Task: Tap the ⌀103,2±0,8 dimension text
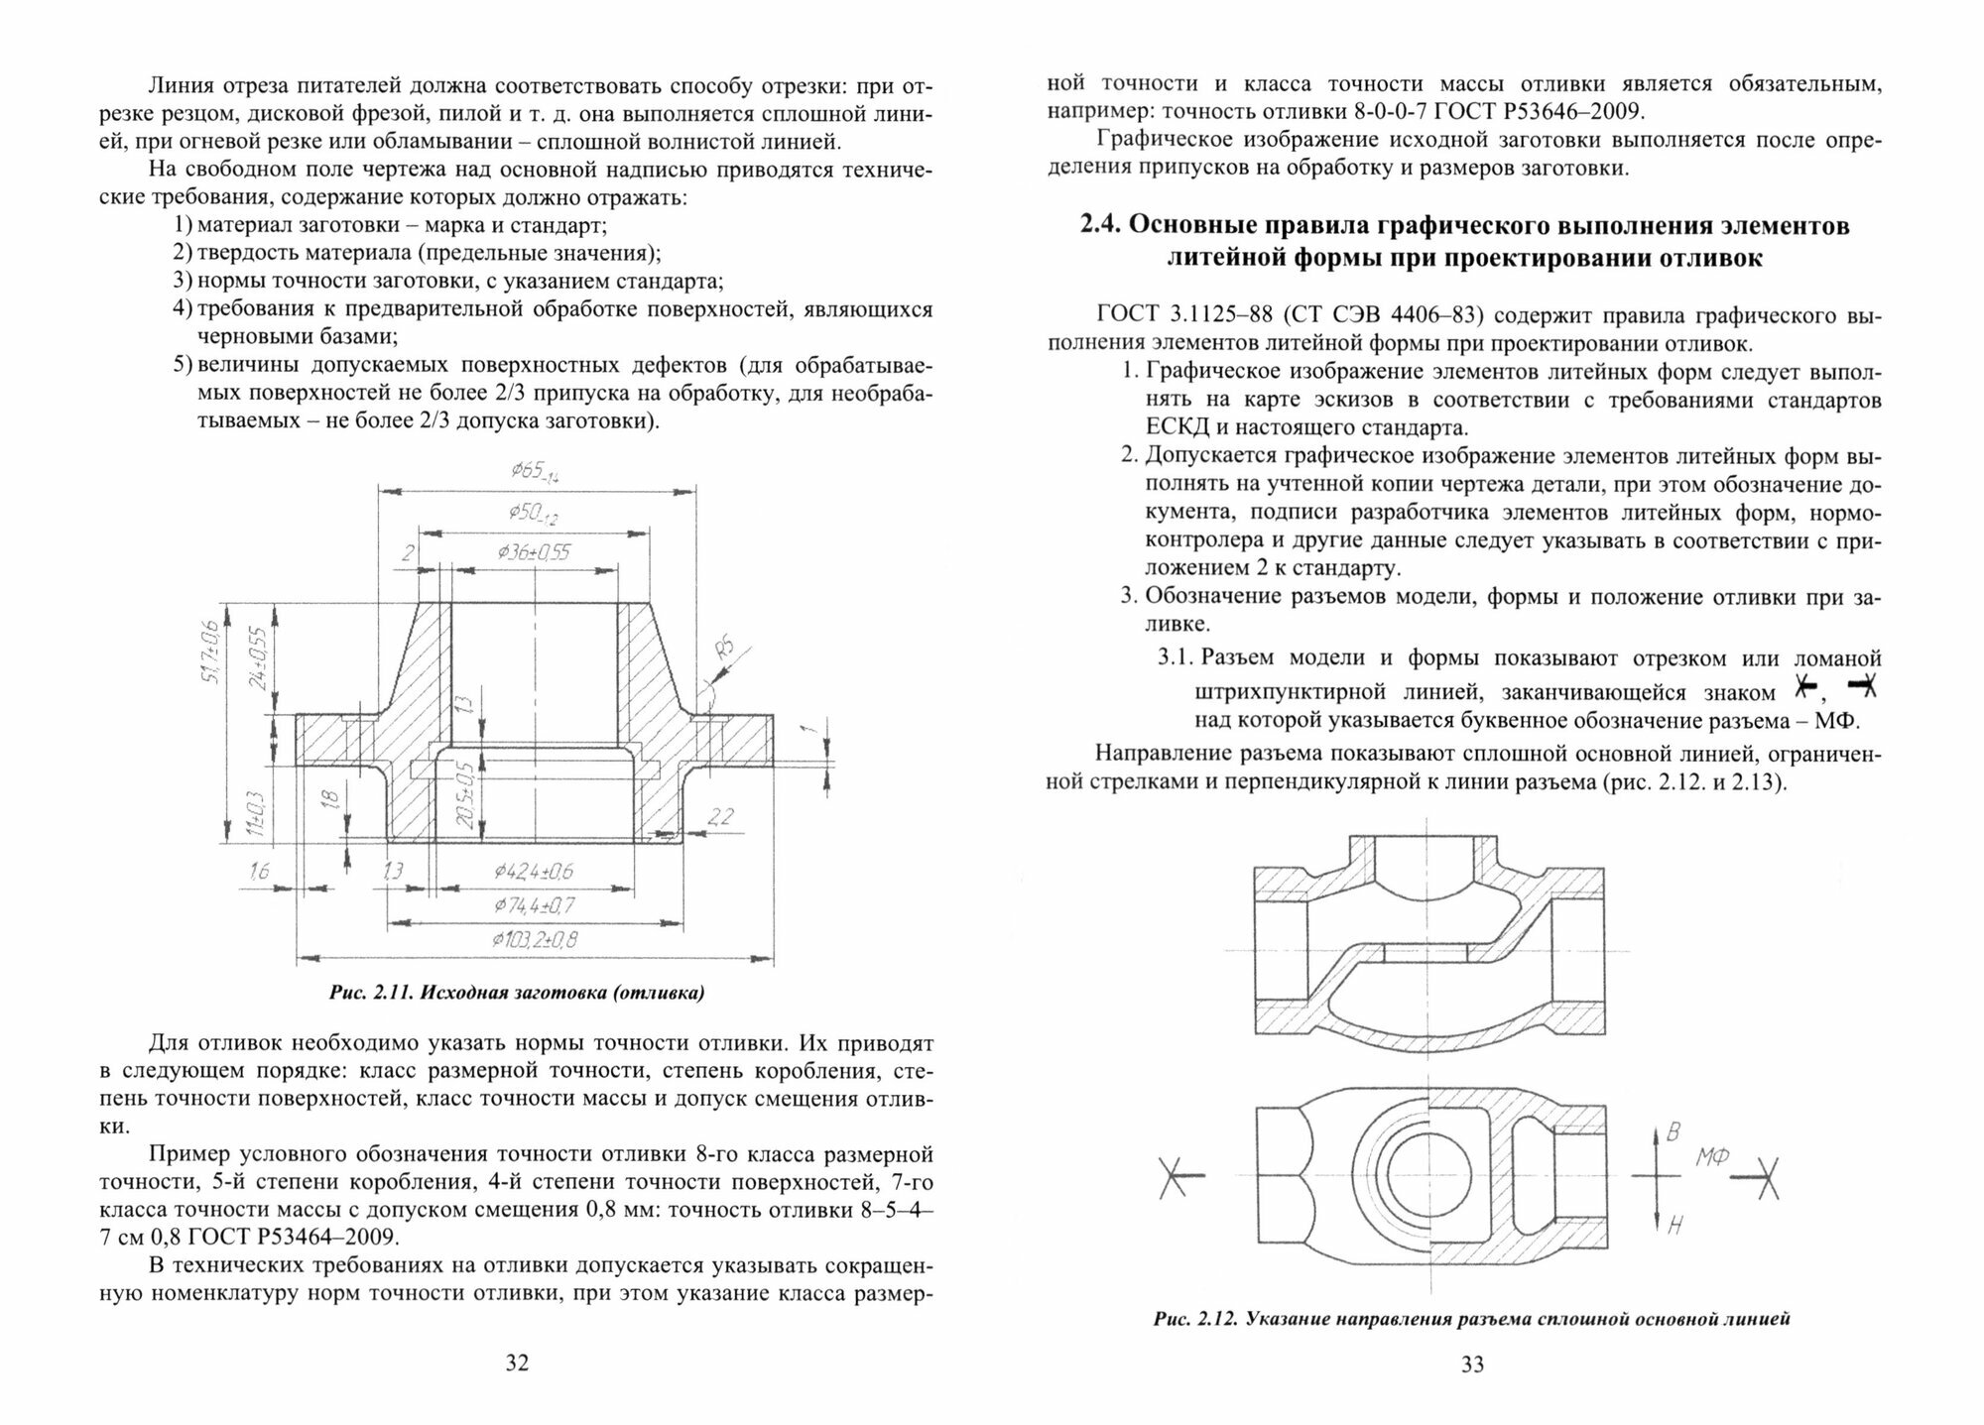537,939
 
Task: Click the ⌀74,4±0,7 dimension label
535,905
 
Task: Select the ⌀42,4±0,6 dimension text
534,872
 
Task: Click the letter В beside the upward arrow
1674,1132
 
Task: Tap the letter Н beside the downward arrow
1674,1226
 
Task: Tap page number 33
1472,1365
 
